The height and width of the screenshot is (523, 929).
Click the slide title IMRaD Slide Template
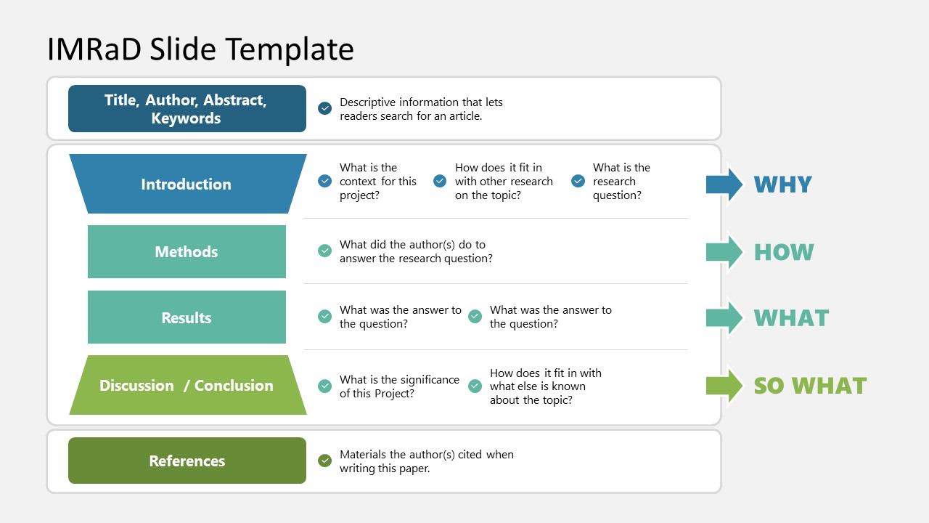point(200,49)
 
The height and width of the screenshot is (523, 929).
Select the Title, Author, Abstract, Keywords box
point(187,109)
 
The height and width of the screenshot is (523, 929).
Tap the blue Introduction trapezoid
point(188,184)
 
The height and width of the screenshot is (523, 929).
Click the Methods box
point(187,251)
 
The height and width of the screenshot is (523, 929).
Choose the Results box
point(187,317)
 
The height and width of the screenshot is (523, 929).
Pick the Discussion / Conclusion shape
point(188,385)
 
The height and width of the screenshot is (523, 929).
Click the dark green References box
point(187,461)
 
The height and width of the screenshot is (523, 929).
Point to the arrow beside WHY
point(724,185)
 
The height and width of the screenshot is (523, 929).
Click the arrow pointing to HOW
point(724,252)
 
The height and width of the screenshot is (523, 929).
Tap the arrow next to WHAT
point(724,318)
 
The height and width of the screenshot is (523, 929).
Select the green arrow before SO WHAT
point(724,386)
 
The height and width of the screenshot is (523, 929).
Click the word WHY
point(782,185)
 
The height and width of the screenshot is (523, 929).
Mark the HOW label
point(784,252)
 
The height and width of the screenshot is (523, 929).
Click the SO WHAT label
point(810,386)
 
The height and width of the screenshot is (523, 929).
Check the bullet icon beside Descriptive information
point(324,108)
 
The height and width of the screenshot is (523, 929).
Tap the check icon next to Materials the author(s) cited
point(324,461)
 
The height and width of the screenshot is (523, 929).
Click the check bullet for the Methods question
point(324,251)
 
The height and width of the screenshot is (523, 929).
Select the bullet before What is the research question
point(578,181)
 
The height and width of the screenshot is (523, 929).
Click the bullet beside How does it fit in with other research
point(440,181)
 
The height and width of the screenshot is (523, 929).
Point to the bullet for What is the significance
point(324,386)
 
